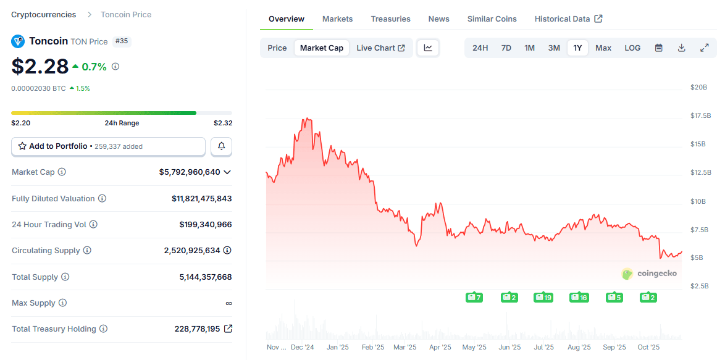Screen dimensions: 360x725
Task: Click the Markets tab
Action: tap(337, 19)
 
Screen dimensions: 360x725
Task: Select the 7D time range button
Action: tap(506, 48)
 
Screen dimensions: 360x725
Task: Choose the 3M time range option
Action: tap(554, 48)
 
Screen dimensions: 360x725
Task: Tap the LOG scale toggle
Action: tap(632, 48)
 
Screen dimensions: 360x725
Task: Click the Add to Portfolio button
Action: tap(108, 146)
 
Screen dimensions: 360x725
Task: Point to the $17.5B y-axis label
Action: tap(700, 116)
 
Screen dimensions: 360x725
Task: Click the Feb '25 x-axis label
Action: tap(372, 348)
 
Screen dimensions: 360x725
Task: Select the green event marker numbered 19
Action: tap(543, 298)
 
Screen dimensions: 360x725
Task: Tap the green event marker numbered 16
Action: tap(579, 298)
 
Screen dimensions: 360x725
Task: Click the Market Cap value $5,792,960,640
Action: tap(189, 172)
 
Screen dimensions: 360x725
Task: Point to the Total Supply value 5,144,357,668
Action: tap(206, 277)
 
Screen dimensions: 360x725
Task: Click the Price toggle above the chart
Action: tap(277, 48)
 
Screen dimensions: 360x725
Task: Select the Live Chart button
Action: tap(380, 48)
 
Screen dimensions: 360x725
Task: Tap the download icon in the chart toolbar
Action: tap(681, 48)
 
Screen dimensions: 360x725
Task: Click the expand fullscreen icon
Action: tap(704, 48)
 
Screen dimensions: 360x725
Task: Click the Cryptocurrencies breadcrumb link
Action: tap(44, 15)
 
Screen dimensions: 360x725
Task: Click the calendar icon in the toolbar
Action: tap(659, 48)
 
